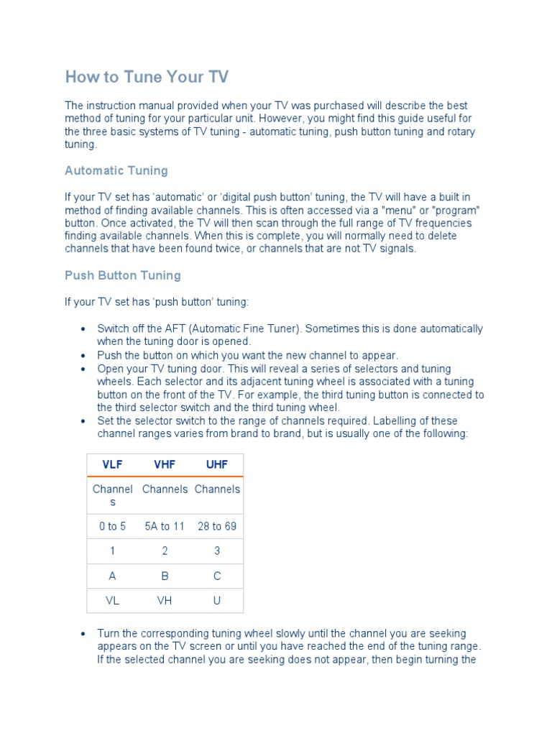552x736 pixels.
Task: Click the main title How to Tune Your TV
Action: coord(147,77)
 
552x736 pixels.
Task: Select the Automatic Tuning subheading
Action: coord(116,170)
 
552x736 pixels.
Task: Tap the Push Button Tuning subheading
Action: coord(123,275)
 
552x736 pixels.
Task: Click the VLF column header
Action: coord(113,464)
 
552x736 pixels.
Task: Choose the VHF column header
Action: coord(165,464)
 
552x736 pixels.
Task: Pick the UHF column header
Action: coord(217,464)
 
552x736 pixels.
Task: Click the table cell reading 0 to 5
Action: coord(113,526)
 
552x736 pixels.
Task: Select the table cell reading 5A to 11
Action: coord(165,526)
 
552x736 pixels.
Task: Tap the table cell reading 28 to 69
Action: coord(217,526)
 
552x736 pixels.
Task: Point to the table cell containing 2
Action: coord(165,551)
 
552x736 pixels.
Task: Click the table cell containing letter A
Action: coord(113,576)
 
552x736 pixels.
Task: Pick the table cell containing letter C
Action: coord(217,576)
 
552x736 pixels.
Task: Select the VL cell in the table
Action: coord(113,600)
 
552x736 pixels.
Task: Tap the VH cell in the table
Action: coord(165,600)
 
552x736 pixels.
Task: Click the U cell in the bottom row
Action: coord(217,600)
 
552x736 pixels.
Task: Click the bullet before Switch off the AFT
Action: coord(84,329)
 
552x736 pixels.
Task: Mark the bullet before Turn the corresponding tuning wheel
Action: coord(84,634)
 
